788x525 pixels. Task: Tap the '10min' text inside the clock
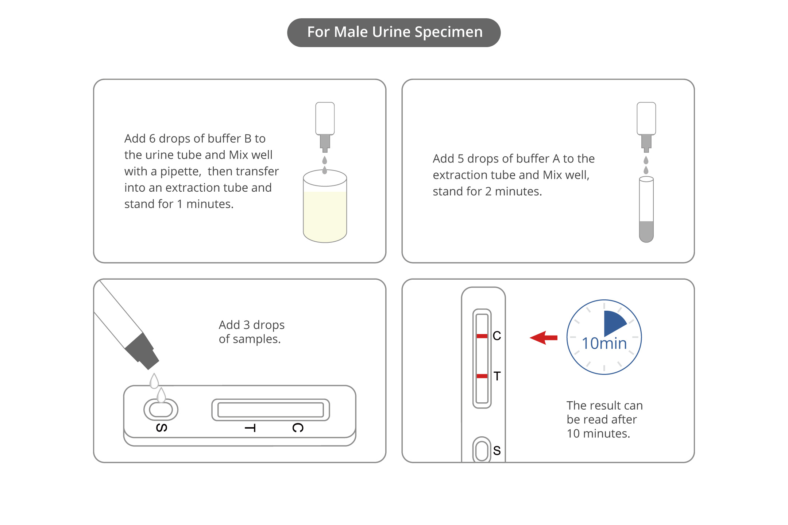[x=604, y=344]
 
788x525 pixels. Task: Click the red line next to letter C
[x=482, y=336]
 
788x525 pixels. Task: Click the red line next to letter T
[x=482, y=376]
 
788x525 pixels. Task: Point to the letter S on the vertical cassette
[x=497, y=451]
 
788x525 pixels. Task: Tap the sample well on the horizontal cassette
[x=161, y=410]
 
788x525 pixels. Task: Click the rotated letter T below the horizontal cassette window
[x=250, y=428]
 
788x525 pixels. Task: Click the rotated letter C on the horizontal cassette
[x=298, y=428]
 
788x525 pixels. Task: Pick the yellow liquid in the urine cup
[x=325, y=215]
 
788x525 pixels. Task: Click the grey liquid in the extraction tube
[x=646, y=231]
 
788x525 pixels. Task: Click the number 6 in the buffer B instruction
[x=152, y=139]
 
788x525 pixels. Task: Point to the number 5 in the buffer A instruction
[x=460, y=159]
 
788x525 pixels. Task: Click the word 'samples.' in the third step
[x=256, y=339]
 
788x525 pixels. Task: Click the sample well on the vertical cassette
[x=482, y=451]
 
